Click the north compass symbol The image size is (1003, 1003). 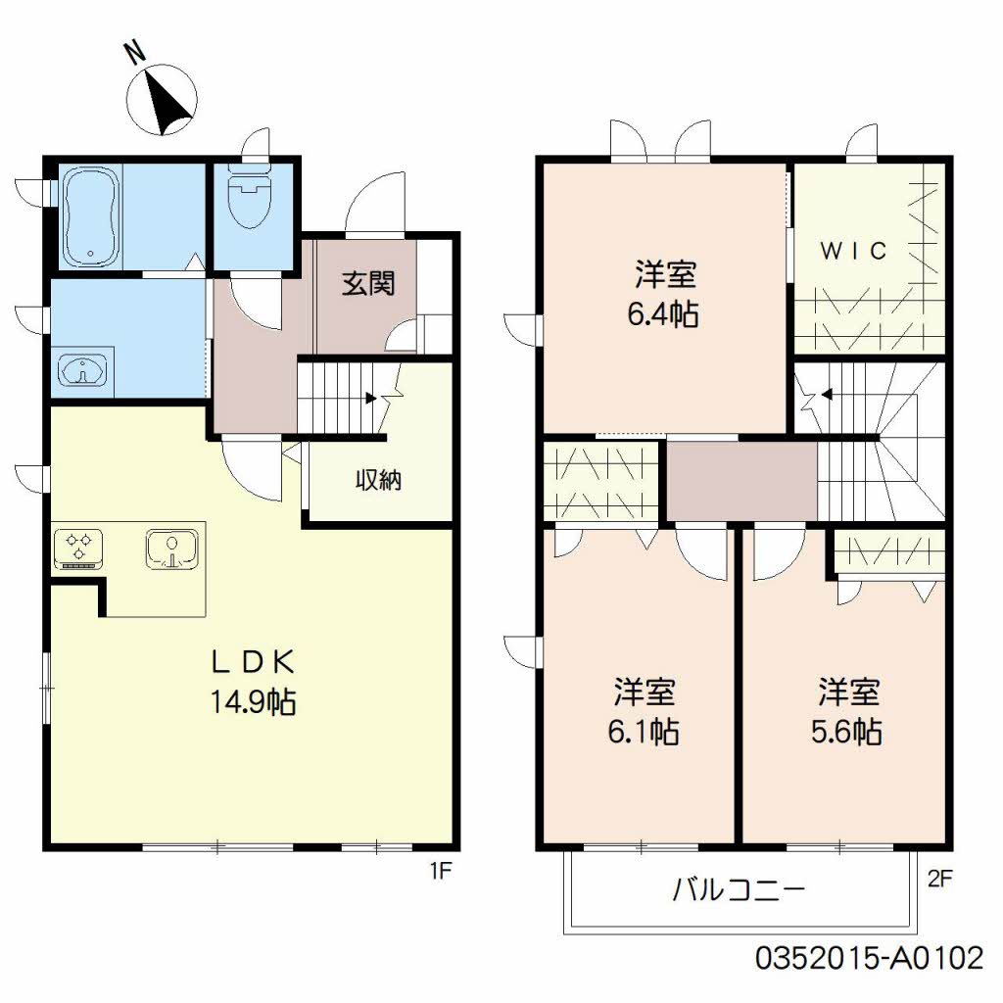[x=162, y=100]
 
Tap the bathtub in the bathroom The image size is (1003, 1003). [x=91, y=217]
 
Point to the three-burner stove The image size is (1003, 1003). [x=78, y=549]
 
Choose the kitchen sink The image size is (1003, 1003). [x=172, y=549]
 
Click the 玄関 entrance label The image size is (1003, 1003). [x=368, y=283]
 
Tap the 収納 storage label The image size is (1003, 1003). [x=379, y=479]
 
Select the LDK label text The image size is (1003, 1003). [x=254, y=662]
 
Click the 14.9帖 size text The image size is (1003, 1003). [x=254, y=702]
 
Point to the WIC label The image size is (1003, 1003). [x=853, y=251]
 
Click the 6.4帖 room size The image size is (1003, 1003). [x=663, y=314]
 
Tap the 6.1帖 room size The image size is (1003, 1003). [x=644, y=732]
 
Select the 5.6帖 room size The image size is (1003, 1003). [x=847, y=732]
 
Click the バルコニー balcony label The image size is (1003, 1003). [x=738, y=889]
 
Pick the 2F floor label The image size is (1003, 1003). [x=939, y=879]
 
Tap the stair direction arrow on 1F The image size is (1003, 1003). [x=370, y=398]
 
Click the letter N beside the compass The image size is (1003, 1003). [x=135, y=53]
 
